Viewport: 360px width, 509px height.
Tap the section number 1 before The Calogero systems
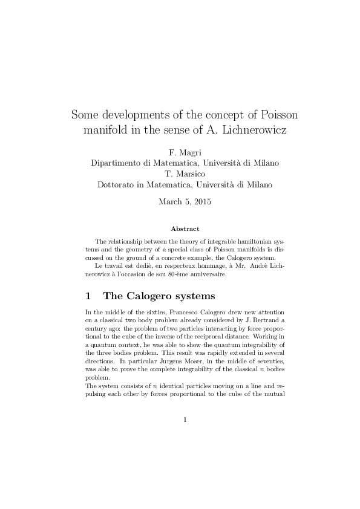click(88, 296)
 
